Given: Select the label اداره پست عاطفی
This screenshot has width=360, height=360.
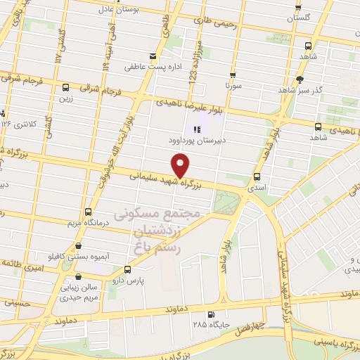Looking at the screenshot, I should tap(148, 67).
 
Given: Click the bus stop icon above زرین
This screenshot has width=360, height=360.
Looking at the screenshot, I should tap(65, 88).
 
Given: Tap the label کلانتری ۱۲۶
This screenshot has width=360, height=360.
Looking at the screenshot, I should tap(19, 124).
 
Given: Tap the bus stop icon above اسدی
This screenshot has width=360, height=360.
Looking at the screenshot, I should tap(257, 177).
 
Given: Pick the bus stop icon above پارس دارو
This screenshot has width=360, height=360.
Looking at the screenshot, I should tap(127, 269).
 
